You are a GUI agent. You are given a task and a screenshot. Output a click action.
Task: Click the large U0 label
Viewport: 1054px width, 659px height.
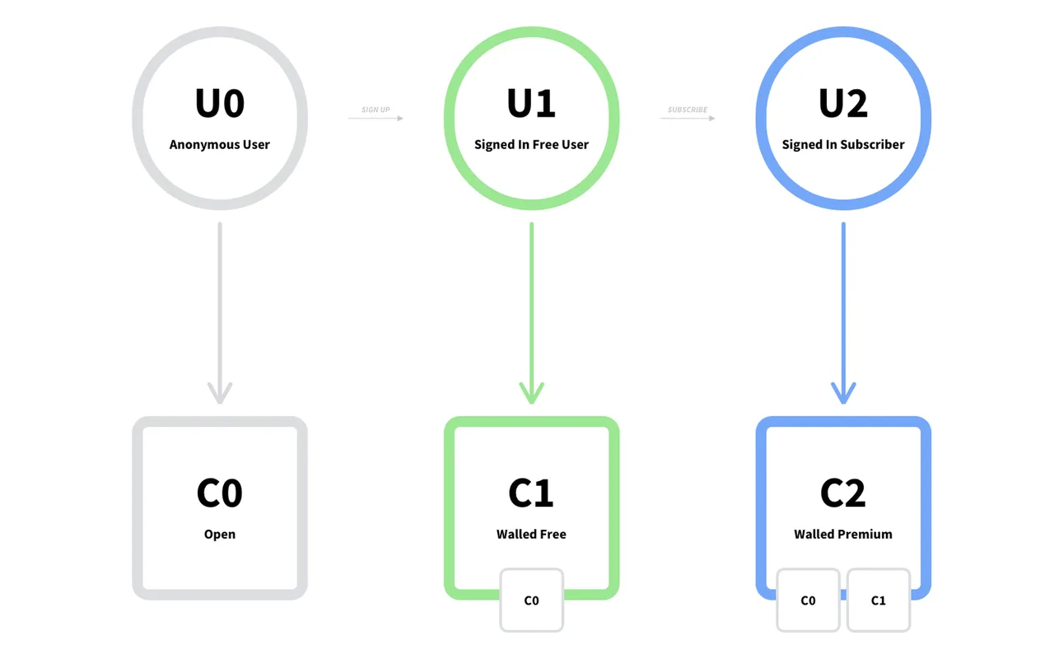click(x=220, y=103)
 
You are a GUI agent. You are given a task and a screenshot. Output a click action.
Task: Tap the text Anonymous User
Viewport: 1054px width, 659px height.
click(x=220, y=144)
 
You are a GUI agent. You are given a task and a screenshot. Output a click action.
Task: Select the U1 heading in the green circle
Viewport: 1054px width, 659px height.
click(x=531, y=103)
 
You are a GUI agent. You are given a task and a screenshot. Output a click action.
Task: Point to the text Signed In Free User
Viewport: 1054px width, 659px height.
click(x=531, y=144)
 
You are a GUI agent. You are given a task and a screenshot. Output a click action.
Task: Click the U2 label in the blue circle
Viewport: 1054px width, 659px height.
click(x=843, y=103)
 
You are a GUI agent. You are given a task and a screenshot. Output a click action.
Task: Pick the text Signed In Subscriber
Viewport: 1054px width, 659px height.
click(x=843, y=144)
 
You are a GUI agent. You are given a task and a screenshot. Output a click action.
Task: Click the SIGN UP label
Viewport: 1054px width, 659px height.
click(x=375, y=110)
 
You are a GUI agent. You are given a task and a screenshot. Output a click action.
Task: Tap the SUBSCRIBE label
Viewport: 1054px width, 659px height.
click(x=688, y=110)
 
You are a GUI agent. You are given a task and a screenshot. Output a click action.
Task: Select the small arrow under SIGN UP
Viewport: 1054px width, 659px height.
click(x=376, y=118)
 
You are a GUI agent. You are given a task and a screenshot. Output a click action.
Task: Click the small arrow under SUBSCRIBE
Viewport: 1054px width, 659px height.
click(x=688, y=118)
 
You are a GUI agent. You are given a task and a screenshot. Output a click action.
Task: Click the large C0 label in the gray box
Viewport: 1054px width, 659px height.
click(x=220, y=493)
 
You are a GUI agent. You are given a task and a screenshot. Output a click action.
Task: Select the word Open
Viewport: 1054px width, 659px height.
click(x=220, y=535)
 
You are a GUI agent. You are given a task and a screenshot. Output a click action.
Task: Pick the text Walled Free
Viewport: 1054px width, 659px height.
click(x=531, y=535)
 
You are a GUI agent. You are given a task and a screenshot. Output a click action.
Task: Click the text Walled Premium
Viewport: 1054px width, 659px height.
click(x=843, y=535)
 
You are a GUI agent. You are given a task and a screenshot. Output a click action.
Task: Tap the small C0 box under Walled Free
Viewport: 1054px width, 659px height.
click(x=532, y=601)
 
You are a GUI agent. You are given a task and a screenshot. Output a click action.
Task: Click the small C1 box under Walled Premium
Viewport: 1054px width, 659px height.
click(x=879, y=601)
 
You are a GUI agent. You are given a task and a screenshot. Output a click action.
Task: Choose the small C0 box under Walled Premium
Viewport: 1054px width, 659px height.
click(x=808, y=601)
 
